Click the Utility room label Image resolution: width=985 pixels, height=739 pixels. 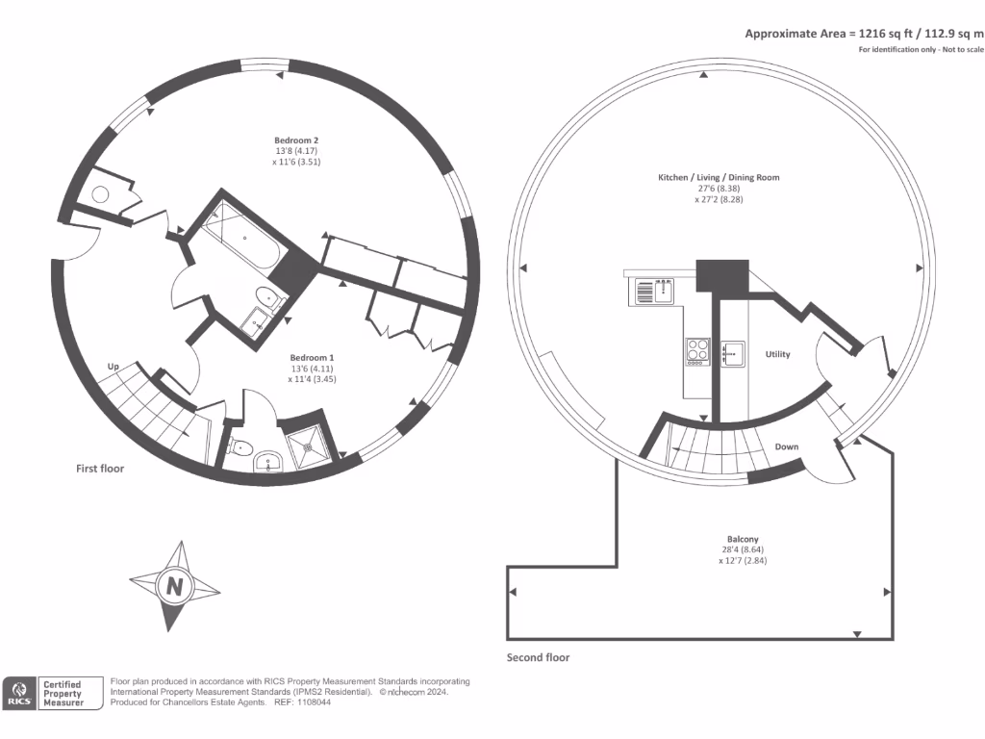coord(777,355)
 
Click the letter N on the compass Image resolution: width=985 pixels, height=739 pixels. coord(174,585)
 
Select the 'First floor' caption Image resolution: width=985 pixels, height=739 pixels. coord(100,469)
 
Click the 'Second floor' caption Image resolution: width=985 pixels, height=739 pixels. coord(538,658)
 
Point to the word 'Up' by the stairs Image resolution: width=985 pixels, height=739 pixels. coord(113,368)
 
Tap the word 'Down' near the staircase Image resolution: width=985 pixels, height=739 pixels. coord(787,446)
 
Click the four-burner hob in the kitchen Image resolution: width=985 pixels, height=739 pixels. coord(697,351)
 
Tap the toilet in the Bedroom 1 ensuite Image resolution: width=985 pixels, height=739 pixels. coord(240,447)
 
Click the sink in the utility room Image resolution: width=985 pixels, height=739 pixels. coord(733,354)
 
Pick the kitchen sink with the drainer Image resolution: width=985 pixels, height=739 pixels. coord(653,290)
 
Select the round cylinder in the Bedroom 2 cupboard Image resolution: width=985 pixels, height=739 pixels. coord(100,194)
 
